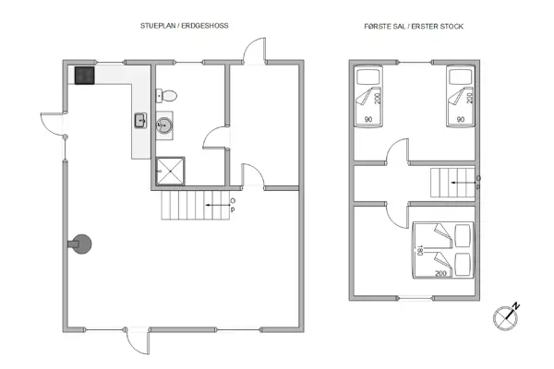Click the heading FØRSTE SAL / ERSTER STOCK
[413, 28]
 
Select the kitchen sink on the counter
[140, 119]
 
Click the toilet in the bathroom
[167, 94]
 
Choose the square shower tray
[171, 170]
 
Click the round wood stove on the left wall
[83, 244]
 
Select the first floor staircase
[452, 184]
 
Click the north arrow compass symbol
[506, 315]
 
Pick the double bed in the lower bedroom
[442, 251]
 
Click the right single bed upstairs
[459, 95]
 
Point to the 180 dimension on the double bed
[420, 251]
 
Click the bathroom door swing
[214, 138]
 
